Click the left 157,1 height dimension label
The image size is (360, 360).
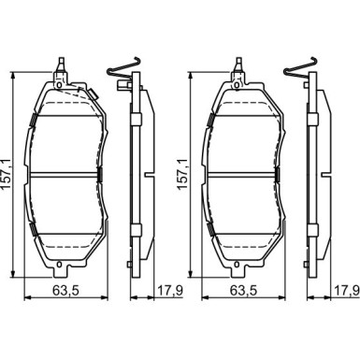click(x=7, y=174)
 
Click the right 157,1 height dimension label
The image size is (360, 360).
click(x=183, y=174)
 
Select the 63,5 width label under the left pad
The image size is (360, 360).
click(x=65, y=291)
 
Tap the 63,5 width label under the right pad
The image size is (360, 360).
click(x=243, y=291)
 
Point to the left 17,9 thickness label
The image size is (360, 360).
click(x=169, y=291)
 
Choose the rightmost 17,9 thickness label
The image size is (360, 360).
click(x=348, y=291)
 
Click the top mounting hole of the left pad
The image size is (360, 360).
click(x=58, y=85)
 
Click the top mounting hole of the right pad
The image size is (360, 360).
click(x=237, y=85)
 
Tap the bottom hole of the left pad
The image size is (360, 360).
click(x=59, y=265)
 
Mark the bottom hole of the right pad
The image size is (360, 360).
click(x=237, y=265)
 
